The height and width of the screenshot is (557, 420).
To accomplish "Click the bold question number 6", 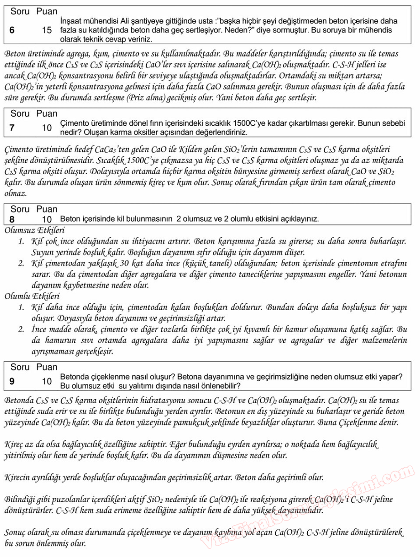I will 12,30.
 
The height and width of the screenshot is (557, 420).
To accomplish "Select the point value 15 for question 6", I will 47,30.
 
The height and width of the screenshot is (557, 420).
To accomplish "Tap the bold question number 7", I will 12,128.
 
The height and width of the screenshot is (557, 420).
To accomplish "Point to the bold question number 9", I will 12,381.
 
